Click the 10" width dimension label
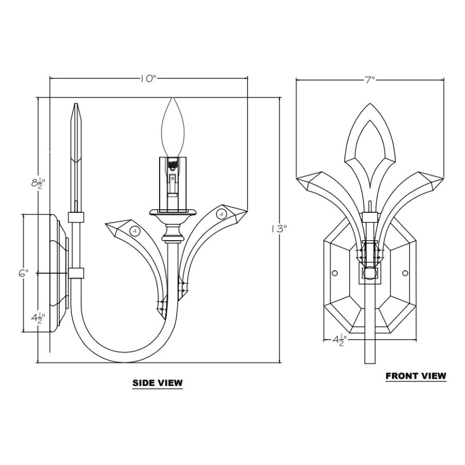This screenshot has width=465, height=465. pos(148,79)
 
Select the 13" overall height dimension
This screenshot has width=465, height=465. pos(279,229)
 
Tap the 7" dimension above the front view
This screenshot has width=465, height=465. pos(370,80)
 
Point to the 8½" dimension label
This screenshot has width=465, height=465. pos(38,183)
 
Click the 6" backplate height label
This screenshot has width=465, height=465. pos(23,273)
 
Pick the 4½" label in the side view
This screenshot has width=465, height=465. pos(38,318)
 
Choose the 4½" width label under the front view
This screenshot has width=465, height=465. pos(339,340)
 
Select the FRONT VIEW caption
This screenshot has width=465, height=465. pos(416,376)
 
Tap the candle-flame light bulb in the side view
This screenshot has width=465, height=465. pos(173,128)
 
